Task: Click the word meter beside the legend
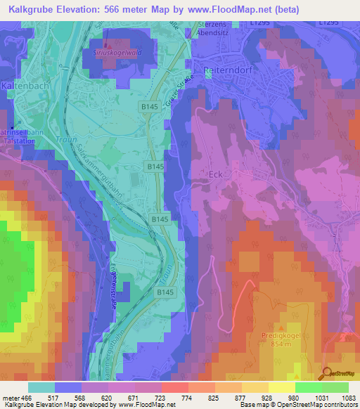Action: tap(11, 398)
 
